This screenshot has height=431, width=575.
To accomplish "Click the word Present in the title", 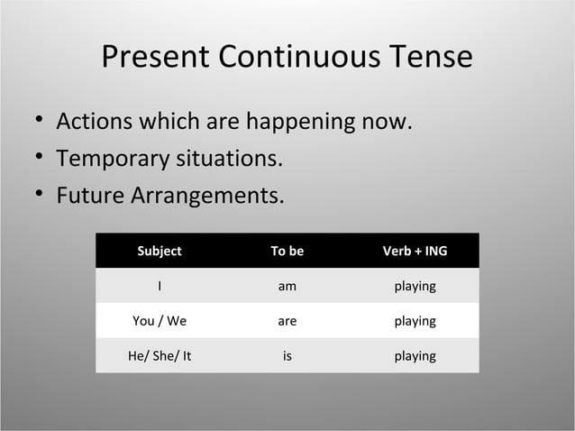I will point(155,57).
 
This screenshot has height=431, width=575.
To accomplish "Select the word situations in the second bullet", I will point(229,160).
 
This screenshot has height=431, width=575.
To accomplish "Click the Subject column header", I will point(160,252).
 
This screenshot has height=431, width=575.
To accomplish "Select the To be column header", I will point(287,252).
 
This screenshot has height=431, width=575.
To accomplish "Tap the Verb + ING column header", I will point(415,252).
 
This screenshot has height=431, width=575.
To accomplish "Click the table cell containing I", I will point(160,286).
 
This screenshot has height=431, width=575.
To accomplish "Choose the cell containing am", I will point(287,286).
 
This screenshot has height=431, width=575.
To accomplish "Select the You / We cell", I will point(160,321).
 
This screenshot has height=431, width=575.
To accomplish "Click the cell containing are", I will point(287,321).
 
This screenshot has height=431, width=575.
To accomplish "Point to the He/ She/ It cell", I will point(160,356).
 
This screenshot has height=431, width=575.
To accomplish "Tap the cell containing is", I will point(287,356).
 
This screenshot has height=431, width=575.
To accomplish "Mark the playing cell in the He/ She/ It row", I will point(415,356).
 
